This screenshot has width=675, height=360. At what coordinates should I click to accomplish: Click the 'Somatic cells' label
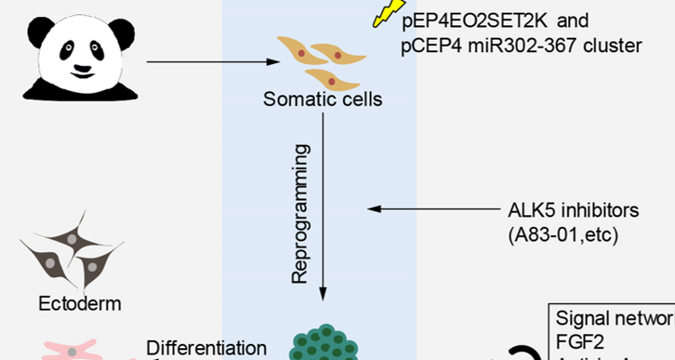point(322,98)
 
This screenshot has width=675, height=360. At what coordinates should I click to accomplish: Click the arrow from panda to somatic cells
point(211,62)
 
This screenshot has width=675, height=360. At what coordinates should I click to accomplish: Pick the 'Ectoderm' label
point(79,303)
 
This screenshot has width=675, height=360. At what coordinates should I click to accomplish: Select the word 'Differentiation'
point(206,347)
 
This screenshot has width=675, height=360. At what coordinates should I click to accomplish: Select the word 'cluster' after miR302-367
point(612,44)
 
